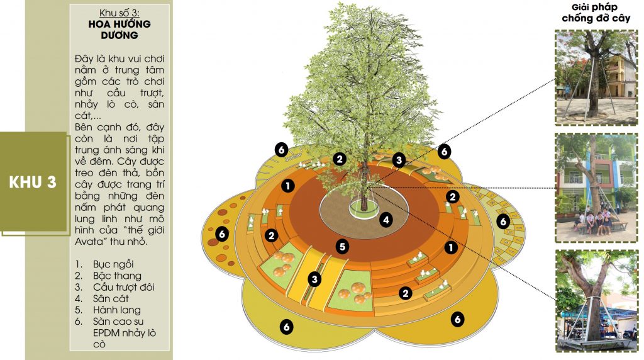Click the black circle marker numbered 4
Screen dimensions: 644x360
386,220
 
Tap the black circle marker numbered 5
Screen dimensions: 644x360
342,247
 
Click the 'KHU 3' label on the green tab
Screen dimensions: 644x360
33,183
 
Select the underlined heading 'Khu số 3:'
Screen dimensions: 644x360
119,13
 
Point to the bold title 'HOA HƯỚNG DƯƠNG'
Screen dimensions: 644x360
119,30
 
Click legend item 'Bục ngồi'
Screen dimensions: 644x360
113,264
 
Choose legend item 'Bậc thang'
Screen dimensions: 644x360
117,276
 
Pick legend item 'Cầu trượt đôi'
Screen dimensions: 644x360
124,287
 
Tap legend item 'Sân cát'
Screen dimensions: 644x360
111,298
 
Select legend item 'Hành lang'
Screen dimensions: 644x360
116,310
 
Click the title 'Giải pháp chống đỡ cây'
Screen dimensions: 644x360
596,13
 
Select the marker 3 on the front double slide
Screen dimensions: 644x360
314,279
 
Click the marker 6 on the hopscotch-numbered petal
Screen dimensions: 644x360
502,222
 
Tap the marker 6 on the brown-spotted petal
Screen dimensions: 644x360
222,234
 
